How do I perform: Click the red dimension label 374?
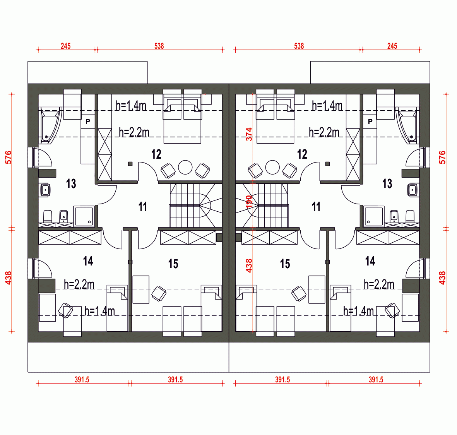click(248, 134)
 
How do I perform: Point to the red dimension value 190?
click(248, 202)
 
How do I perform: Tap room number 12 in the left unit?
click(156, 154)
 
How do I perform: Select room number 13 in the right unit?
click(387, 184)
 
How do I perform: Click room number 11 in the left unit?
click(142, 207)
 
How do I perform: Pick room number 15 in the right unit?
click(285, 264)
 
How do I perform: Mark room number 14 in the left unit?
click(88, 261)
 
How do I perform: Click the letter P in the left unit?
click(88, 122)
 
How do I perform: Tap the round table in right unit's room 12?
click(272, 167)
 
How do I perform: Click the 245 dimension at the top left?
click(65, 46)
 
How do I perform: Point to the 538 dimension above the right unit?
click(299, 46)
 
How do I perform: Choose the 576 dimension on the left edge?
click(9, 157)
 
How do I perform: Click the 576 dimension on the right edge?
click(442, 157)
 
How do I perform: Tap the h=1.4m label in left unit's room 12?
click(131, 106)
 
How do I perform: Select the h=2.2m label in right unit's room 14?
click(379, 284)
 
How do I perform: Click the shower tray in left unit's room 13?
click(84, 216)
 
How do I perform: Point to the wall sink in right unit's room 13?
click(412, 190)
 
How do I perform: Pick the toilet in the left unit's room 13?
click(48, 216)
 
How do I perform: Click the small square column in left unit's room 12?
click(130, 164)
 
